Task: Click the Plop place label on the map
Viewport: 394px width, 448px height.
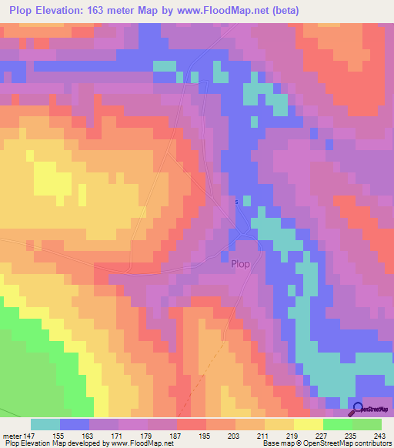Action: point(241,263)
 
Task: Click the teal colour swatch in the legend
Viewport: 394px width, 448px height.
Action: point(45,424)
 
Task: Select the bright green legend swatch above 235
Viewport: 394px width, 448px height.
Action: point(337,424)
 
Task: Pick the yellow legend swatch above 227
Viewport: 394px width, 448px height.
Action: point(308,424)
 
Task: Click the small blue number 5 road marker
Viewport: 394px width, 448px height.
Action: point(237,202)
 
